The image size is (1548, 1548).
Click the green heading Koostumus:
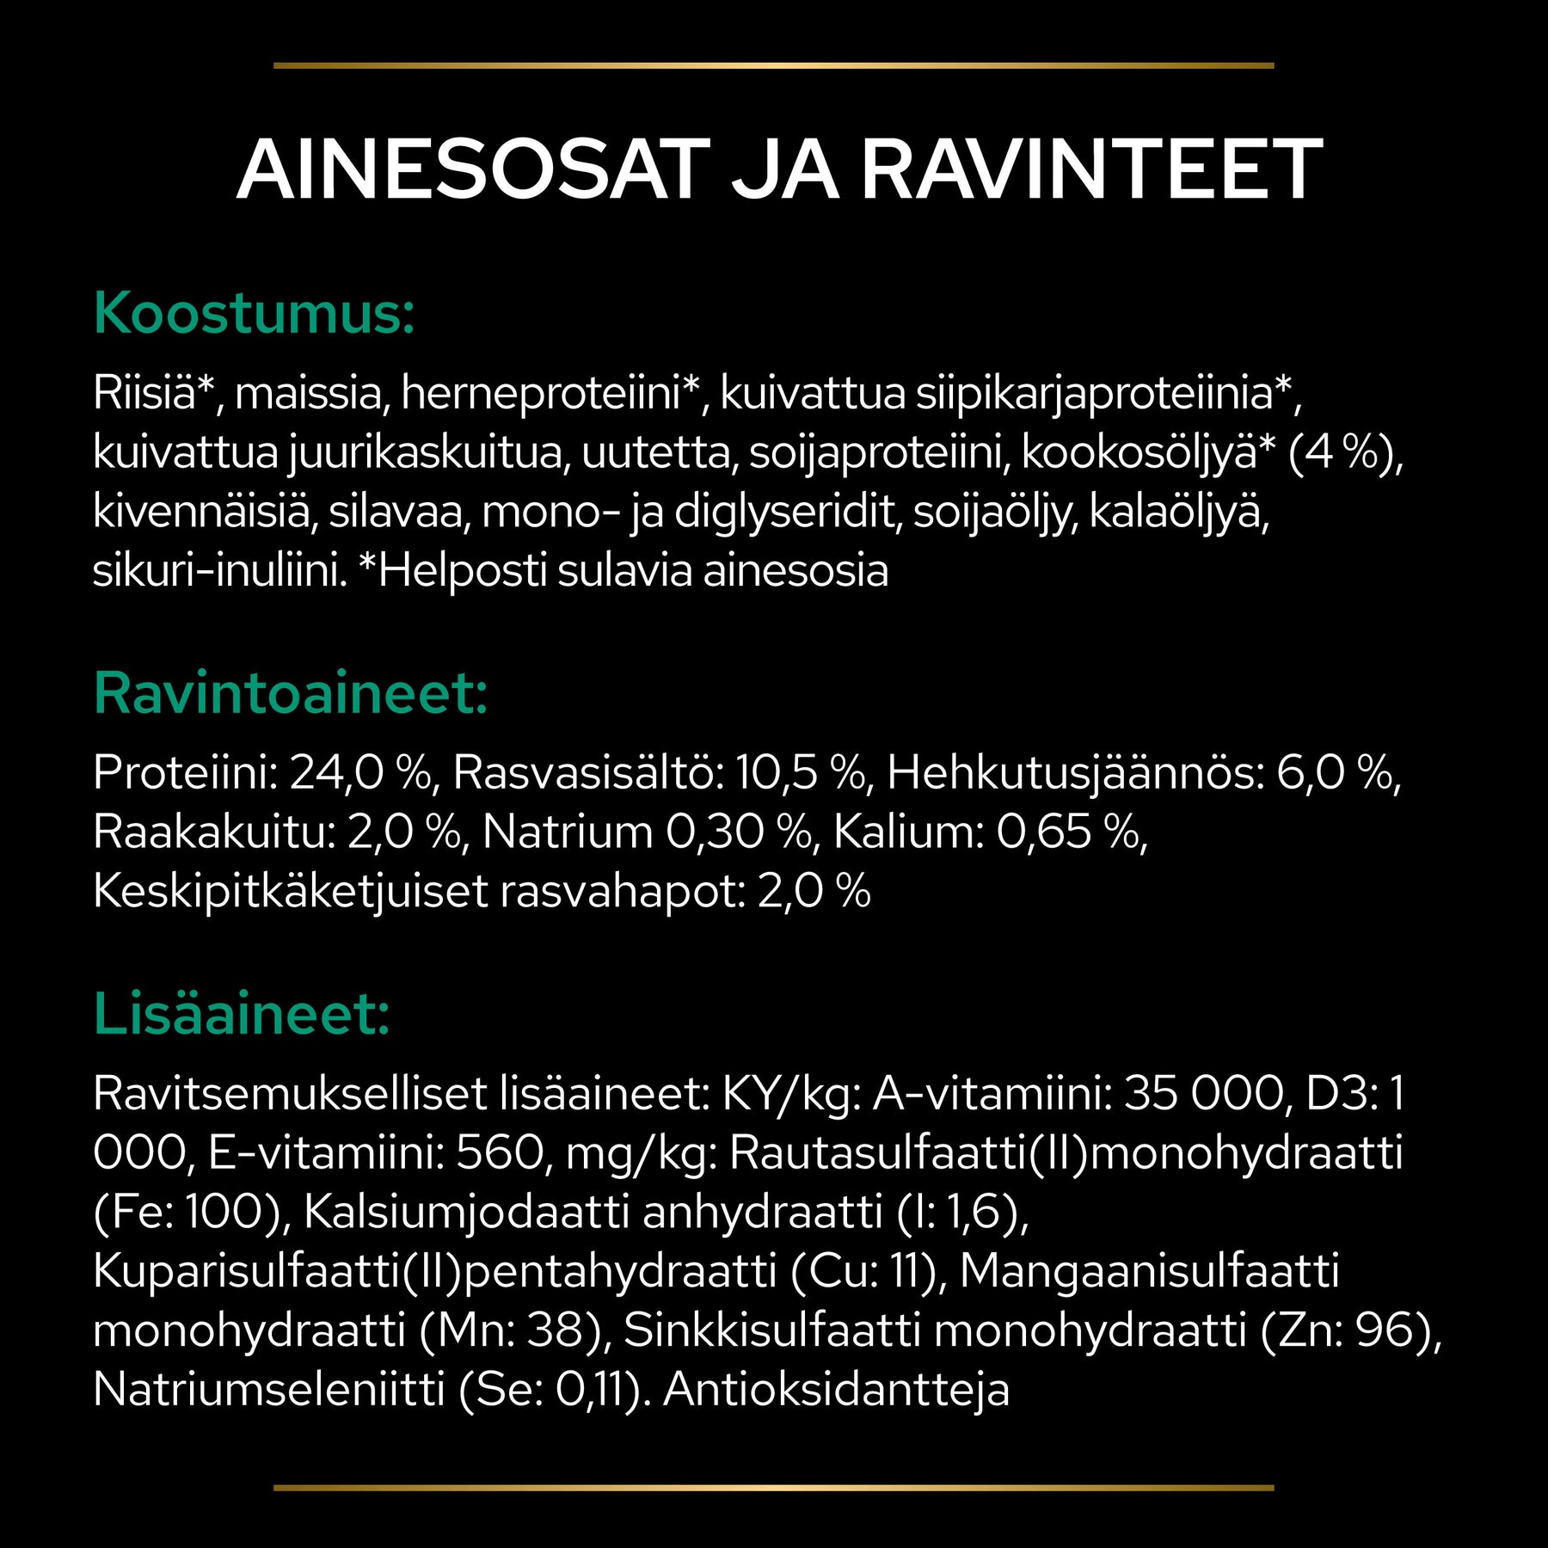254,314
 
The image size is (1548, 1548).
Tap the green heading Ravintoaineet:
291,693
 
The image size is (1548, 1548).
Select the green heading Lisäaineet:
242,1014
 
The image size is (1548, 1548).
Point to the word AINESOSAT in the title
474,170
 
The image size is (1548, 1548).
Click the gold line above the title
773,65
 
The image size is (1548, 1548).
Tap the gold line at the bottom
773,1487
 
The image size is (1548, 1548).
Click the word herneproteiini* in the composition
551,394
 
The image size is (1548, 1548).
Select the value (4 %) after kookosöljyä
1344,453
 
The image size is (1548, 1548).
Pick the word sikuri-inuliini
219,572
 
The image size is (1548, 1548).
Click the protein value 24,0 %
360,772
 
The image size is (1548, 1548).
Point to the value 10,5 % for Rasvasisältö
800,772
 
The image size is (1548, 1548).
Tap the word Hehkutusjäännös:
1075,772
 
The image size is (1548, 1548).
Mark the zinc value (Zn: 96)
1350,1330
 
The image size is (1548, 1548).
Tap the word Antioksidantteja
836,1390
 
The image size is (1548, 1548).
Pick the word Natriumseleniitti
268,1390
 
